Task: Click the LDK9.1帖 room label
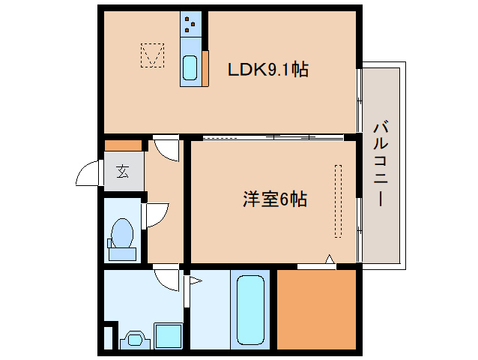pos(268,70)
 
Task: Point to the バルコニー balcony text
pos(380,163)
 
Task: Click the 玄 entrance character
pos(122,171)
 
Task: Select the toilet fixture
pos(122,235)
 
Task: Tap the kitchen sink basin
pos(190,68)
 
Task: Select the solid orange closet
pos(316,307)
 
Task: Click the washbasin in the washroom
pos(135,339)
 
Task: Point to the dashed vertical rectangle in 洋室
pos(338,201)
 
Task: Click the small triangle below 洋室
pos(329,260)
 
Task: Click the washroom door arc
pos(167,280)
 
